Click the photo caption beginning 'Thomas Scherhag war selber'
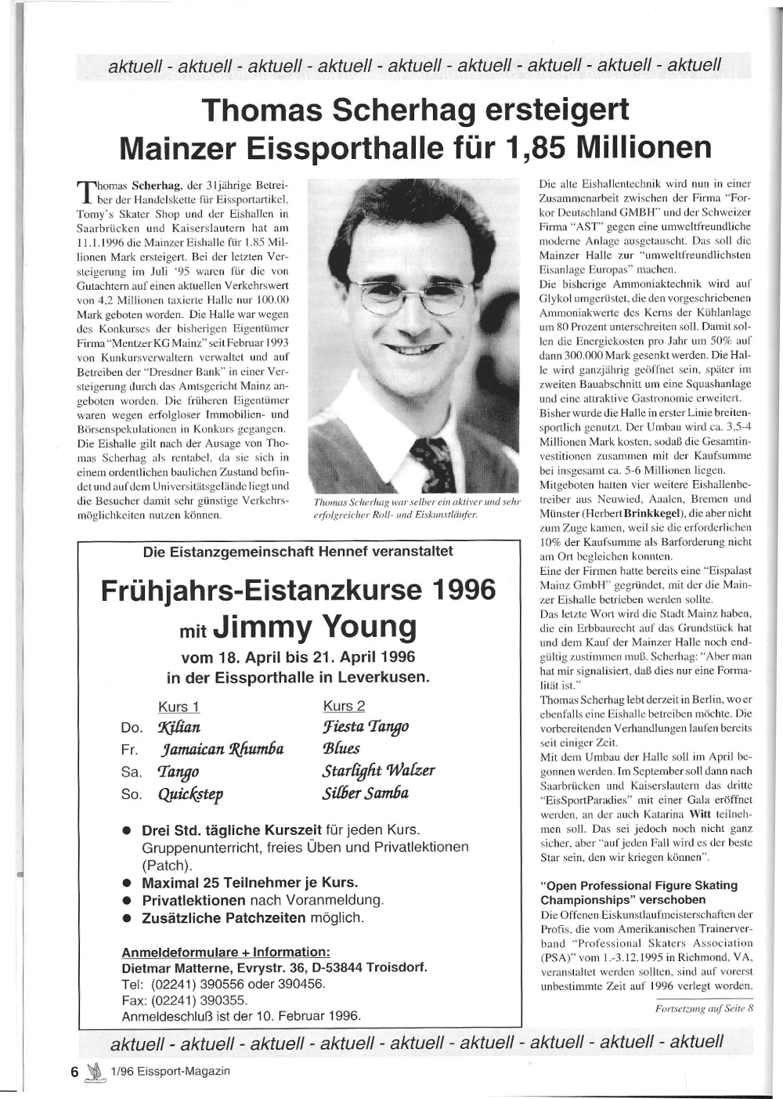pos(417,508)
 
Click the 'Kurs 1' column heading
pos(179,707)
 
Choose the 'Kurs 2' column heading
pos(345,706)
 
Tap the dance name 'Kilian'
pos(179,728)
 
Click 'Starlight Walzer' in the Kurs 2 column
pos(378,771)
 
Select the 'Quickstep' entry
pos(190,794)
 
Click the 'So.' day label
pos(132,794)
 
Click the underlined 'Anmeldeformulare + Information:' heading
pos(226,952)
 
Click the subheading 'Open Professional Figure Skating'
pos(639,885)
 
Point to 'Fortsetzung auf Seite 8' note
pos(704,1008)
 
